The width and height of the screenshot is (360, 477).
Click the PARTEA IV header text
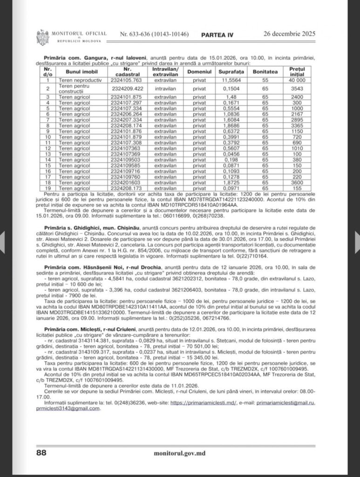[x=217, y=34]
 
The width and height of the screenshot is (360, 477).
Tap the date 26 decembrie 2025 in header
[x=290, y=34]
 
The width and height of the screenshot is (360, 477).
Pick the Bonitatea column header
[x=265, y=72]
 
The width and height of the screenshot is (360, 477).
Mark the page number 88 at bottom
[x=41, y=452]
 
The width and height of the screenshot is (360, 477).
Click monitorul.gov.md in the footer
[x=179, y=452]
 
